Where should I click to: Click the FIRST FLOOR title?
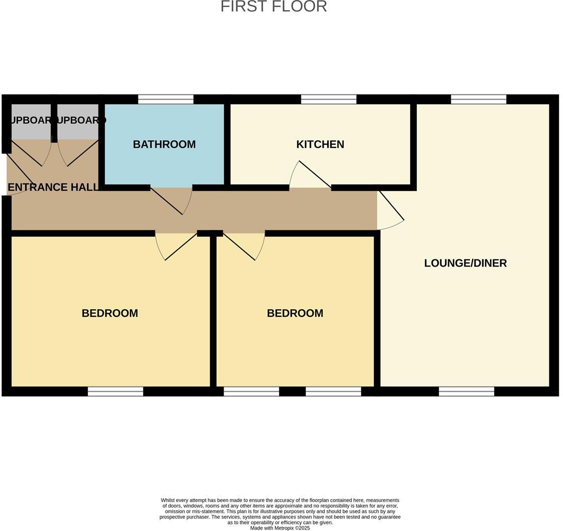pyautogui.click(x=273, y=7)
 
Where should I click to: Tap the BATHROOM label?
pyautogui.click(x=164, y=144)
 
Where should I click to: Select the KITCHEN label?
pyautogui.click(x=320, y=144)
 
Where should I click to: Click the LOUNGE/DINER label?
pyautogui.click(x=465, y=263)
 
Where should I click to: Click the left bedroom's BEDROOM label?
pyautogui.click(x=110, y=313)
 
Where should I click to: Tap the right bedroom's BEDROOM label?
pyautogui.click(x=295, y=313)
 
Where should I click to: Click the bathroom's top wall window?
pyautogui.click(x=165, y=99)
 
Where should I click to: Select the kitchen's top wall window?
pyautogui.click(x=329, y=99)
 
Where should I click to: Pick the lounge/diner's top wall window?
pyautogui.click(x=479, y=99)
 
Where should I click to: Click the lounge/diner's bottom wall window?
pyautogui.click(x=466, y=392)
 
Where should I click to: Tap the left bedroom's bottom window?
pyautogui.click(x=115, y=392)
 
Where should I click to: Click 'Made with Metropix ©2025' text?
pyautogui.click(x=280, y=528)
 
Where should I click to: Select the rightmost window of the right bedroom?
pyautogui.click(x=333, y=392)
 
